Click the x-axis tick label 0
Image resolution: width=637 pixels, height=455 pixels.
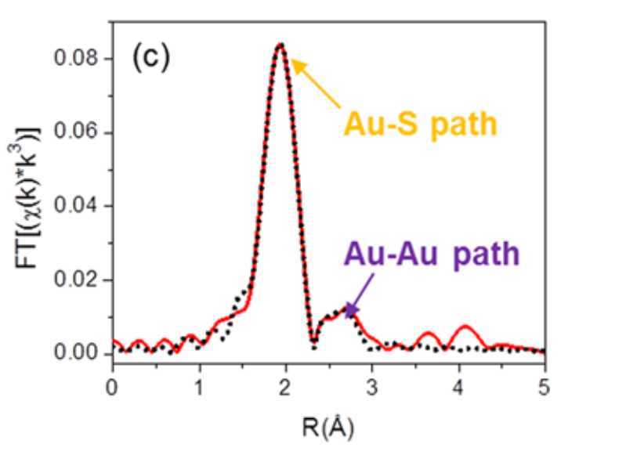113,386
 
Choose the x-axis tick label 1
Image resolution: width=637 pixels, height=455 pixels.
199,386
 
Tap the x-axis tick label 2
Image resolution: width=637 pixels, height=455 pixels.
286,386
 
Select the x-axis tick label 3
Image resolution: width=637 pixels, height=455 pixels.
372,386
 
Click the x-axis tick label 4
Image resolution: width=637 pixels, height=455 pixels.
458,386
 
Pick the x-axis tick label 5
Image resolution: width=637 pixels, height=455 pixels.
545,386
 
